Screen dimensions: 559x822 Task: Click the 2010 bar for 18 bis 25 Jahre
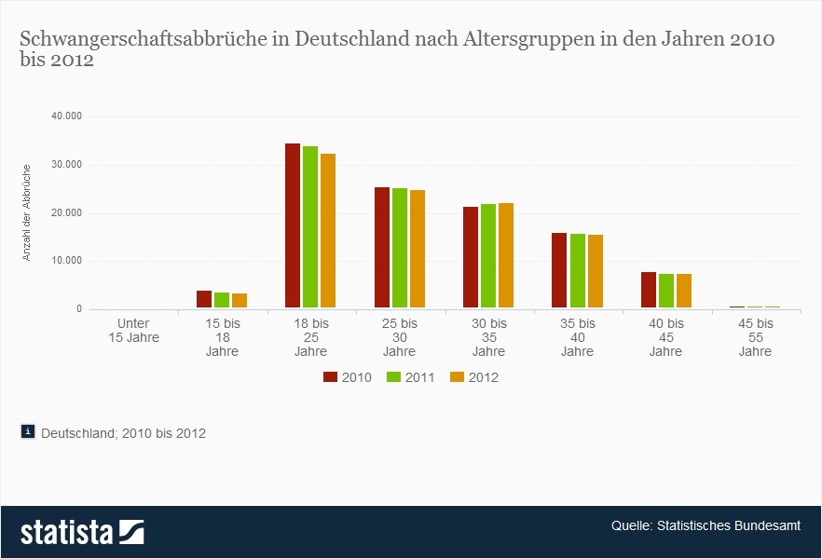pos(293,226)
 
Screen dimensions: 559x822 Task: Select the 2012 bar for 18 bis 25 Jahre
pos(328,231)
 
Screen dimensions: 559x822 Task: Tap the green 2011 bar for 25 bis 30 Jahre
pos(400,248)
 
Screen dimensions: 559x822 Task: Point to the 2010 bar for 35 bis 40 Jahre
pos(559,270)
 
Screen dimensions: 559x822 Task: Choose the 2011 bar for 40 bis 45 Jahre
pos(666,291)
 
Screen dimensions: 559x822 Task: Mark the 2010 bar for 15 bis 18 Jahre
pos(204,299)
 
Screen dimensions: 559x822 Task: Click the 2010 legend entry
pos(349,377)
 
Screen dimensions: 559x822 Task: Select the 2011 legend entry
pos(412,377)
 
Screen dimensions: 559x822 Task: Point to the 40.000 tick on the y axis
pos(66,116)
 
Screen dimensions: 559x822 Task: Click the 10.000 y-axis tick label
pos(66,261)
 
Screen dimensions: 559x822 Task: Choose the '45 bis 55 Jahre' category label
pos(755,337)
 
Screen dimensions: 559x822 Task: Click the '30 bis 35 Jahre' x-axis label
pos(488,337)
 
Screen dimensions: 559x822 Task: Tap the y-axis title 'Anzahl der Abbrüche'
pos(27,212)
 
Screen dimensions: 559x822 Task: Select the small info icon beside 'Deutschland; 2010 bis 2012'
pos(28,431)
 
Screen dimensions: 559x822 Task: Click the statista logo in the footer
pos(83,532)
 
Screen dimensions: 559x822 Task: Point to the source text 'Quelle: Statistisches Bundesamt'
pos(706,526)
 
